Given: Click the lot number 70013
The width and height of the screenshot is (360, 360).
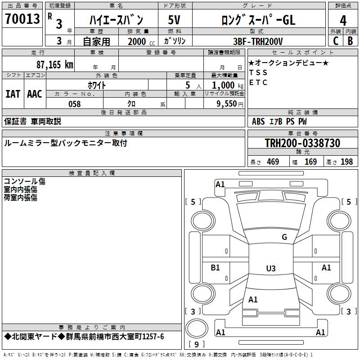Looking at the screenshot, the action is pyautogui.click(x=22, y=20).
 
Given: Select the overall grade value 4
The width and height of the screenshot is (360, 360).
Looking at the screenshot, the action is pyautogui.click(x=343, y=21).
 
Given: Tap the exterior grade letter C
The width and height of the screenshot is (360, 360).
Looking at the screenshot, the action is pyautogui.click(x=335, y=41).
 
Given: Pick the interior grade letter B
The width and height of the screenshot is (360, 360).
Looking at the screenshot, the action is pyautogui.click(x=350, y=41).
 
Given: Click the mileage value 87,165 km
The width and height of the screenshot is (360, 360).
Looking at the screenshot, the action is pyautogui.click(x=54, y=64).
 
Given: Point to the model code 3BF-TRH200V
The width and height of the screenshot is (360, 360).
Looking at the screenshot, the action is pyautogui.click(x=258, y=41).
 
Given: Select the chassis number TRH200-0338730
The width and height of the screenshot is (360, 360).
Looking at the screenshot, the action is pyautogui.click(x=302, y=143).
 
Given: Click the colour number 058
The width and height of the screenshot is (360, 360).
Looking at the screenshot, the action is pyautogui.click(x=74, y=104).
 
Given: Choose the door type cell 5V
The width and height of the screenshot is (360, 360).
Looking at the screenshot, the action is pyautogui.click(x=175, y=20).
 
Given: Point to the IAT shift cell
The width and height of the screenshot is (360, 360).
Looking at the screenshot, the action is pyautogui.click(x=13, y=94).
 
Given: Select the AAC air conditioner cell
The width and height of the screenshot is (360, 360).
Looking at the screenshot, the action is pyautogui.click(x=35, y=94).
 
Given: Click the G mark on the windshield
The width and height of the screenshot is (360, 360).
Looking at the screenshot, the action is pyautogui.click(x=284, y=237).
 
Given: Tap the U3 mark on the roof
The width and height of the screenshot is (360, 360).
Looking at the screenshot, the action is pyautogui.click(x=270, y=269).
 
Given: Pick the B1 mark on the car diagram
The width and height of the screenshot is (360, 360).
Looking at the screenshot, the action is pyautogui.click(x=216, y=268).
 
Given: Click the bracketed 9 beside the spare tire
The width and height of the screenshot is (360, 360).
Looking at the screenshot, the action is pyautogui.click(x=196, y=344).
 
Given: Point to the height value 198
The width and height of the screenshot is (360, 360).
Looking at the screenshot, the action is pyautogui.click(x=346, y=162).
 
